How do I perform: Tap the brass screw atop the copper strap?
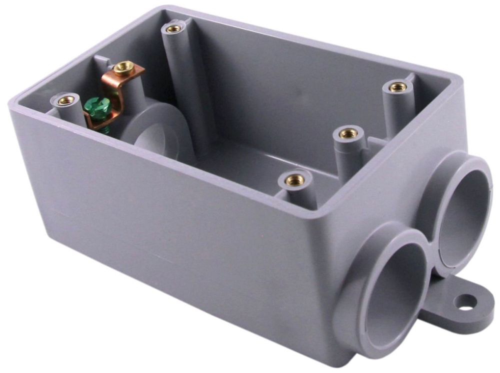point(123,66)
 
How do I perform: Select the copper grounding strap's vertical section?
point(118,90)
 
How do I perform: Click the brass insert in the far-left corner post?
point(65,100)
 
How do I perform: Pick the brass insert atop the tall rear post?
point(173,28)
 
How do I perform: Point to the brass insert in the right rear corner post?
point(398,87)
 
